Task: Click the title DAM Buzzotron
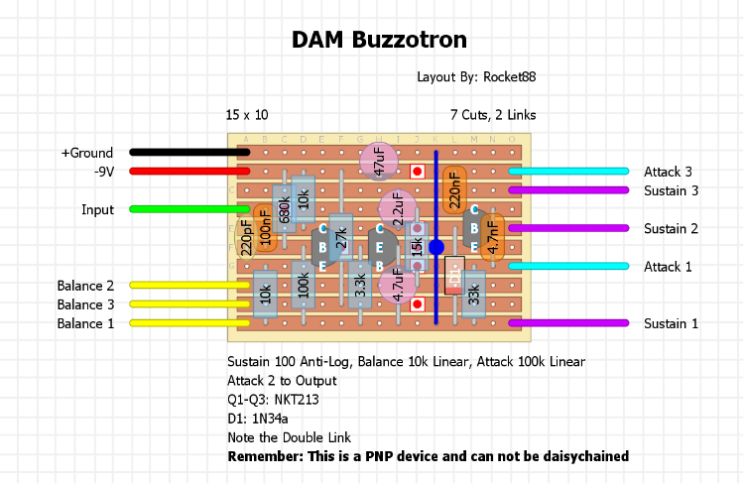pyautogui.click(x=379, y=40)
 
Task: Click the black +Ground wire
pyautogui.click(x=188, y=152)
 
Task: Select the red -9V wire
pyautogui.click(x=188, y=172)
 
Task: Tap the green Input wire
pyautogui.click(x=188, y=209)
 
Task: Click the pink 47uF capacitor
pyautogui.click(x=378, y=160)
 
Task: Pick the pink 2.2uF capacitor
pyautogui.click(x=397, y=209)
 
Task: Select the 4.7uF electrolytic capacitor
pyautogui.click(x=398, y=284)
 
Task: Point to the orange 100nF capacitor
pyautogui.click(x=265, y=227)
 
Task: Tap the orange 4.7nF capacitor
pyautogui.click(x=493, y=237)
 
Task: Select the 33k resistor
pyautogui.click(x=474, y=294)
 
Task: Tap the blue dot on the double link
pyautogui.click(x=435, y=247)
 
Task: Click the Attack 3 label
pyautogui.click(x=668, y=172)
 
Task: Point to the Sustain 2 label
pyautogui.click(x=671, y=228)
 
